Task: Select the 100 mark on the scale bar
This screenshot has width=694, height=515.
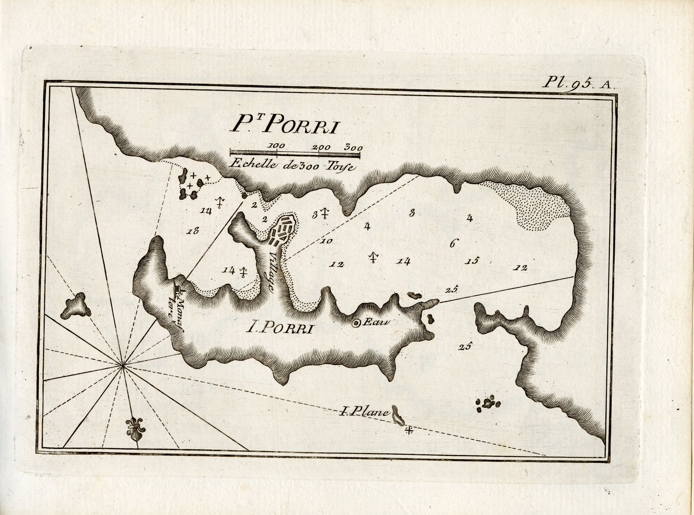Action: click(x=276, y=146)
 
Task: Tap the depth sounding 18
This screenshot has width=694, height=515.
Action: click(x=193, y=231)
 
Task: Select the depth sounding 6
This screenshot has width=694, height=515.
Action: click(x=452, y=243)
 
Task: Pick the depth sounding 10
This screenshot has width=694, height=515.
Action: click(x=327, y=241)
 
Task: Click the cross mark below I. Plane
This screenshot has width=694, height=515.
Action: click(x=409, y=431)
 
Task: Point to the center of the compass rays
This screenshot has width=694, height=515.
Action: click(x=122, y=365)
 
